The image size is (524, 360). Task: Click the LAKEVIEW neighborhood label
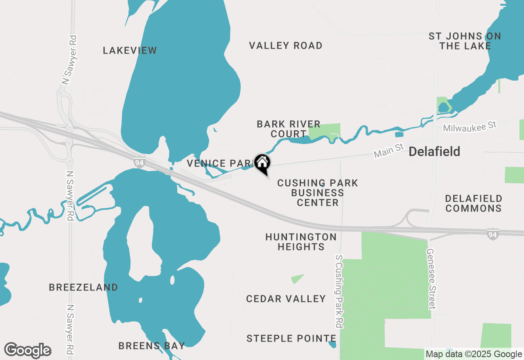(130, 50)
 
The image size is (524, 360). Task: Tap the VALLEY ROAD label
(286, 45)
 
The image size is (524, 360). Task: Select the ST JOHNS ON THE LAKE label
(465, 41)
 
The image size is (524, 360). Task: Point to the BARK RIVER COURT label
(288, 129)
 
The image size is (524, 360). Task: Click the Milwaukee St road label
(470, 126)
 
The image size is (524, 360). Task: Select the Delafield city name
(434, 152)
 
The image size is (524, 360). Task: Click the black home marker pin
(262, 163)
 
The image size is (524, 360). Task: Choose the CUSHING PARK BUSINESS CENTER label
(318, 193)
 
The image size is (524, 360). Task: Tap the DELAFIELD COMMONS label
(474, 203)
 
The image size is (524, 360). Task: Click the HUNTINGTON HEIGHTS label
(301, 242)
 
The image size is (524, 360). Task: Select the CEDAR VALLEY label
(286, 299)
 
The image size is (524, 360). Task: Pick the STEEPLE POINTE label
(291, 338)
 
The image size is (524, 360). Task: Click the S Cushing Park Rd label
(339, 291)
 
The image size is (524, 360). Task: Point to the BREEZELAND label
(84, 287)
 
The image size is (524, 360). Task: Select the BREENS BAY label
(151, 346)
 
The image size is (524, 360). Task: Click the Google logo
(27, 350)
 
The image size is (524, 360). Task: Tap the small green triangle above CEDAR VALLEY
(297, 279)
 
